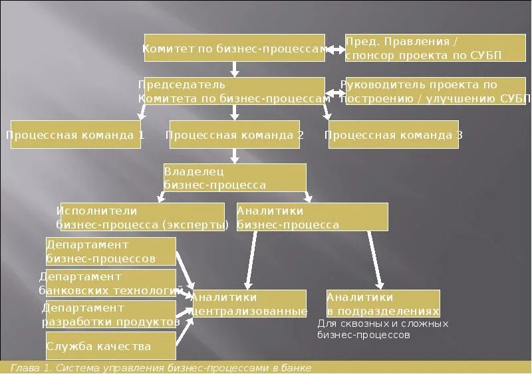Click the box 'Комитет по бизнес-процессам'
pos(234,48)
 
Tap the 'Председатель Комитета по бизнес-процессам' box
pos(234,91)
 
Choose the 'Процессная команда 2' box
pos(235,134)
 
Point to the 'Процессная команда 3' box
pos(392,134)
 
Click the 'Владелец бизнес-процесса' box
pos(235,177)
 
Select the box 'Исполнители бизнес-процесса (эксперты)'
pos(142,217)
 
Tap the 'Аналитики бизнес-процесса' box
pos(311,217)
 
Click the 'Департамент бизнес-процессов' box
pos(111,251)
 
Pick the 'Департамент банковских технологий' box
pos(111,283)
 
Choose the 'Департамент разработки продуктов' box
pos(111,314)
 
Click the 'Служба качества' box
pos(111,346)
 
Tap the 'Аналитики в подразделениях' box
pos(383,304)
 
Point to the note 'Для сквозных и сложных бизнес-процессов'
pos(383,329)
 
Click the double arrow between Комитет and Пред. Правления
pos(334,48)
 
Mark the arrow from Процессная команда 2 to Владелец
pos(235,156)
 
